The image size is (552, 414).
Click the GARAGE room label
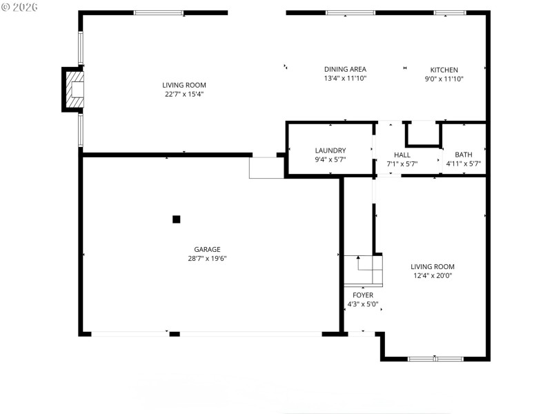[x=207, y=249]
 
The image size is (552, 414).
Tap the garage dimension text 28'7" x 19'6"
[x=207, y=259]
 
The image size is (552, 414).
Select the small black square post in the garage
[x=176, y=219]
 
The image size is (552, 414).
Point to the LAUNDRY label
[x=330, y=150]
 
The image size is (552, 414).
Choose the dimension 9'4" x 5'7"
[x=330, y=159]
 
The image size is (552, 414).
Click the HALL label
[x=402, y=155]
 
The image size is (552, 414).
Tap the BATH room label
[x=463, y=155]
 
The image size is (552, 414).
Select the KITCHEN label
[x=444, y=70]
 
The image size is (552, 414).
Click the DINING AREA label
[x=345, y=69]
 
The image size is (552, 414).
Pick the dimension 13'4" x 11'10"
[x=345, y=79]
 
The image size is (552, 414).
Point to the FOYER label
[x=363, y=295]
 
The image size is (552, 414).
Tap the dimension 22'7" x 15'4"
[x=184, y=94]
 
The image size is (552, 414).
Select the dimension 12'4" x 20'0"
[x=433, y=275]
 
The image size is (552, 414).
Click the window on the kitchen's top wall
[x=450, y=12]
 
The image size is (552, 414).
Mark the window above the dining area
[x=351, y=12]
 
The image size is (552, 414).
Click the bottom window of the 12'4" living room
[x=435, y=359]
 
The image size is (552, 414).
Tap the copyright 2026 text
[x=20, y=7]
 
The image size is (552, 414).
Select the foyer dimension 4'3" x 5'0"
[x=363, y=304]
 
